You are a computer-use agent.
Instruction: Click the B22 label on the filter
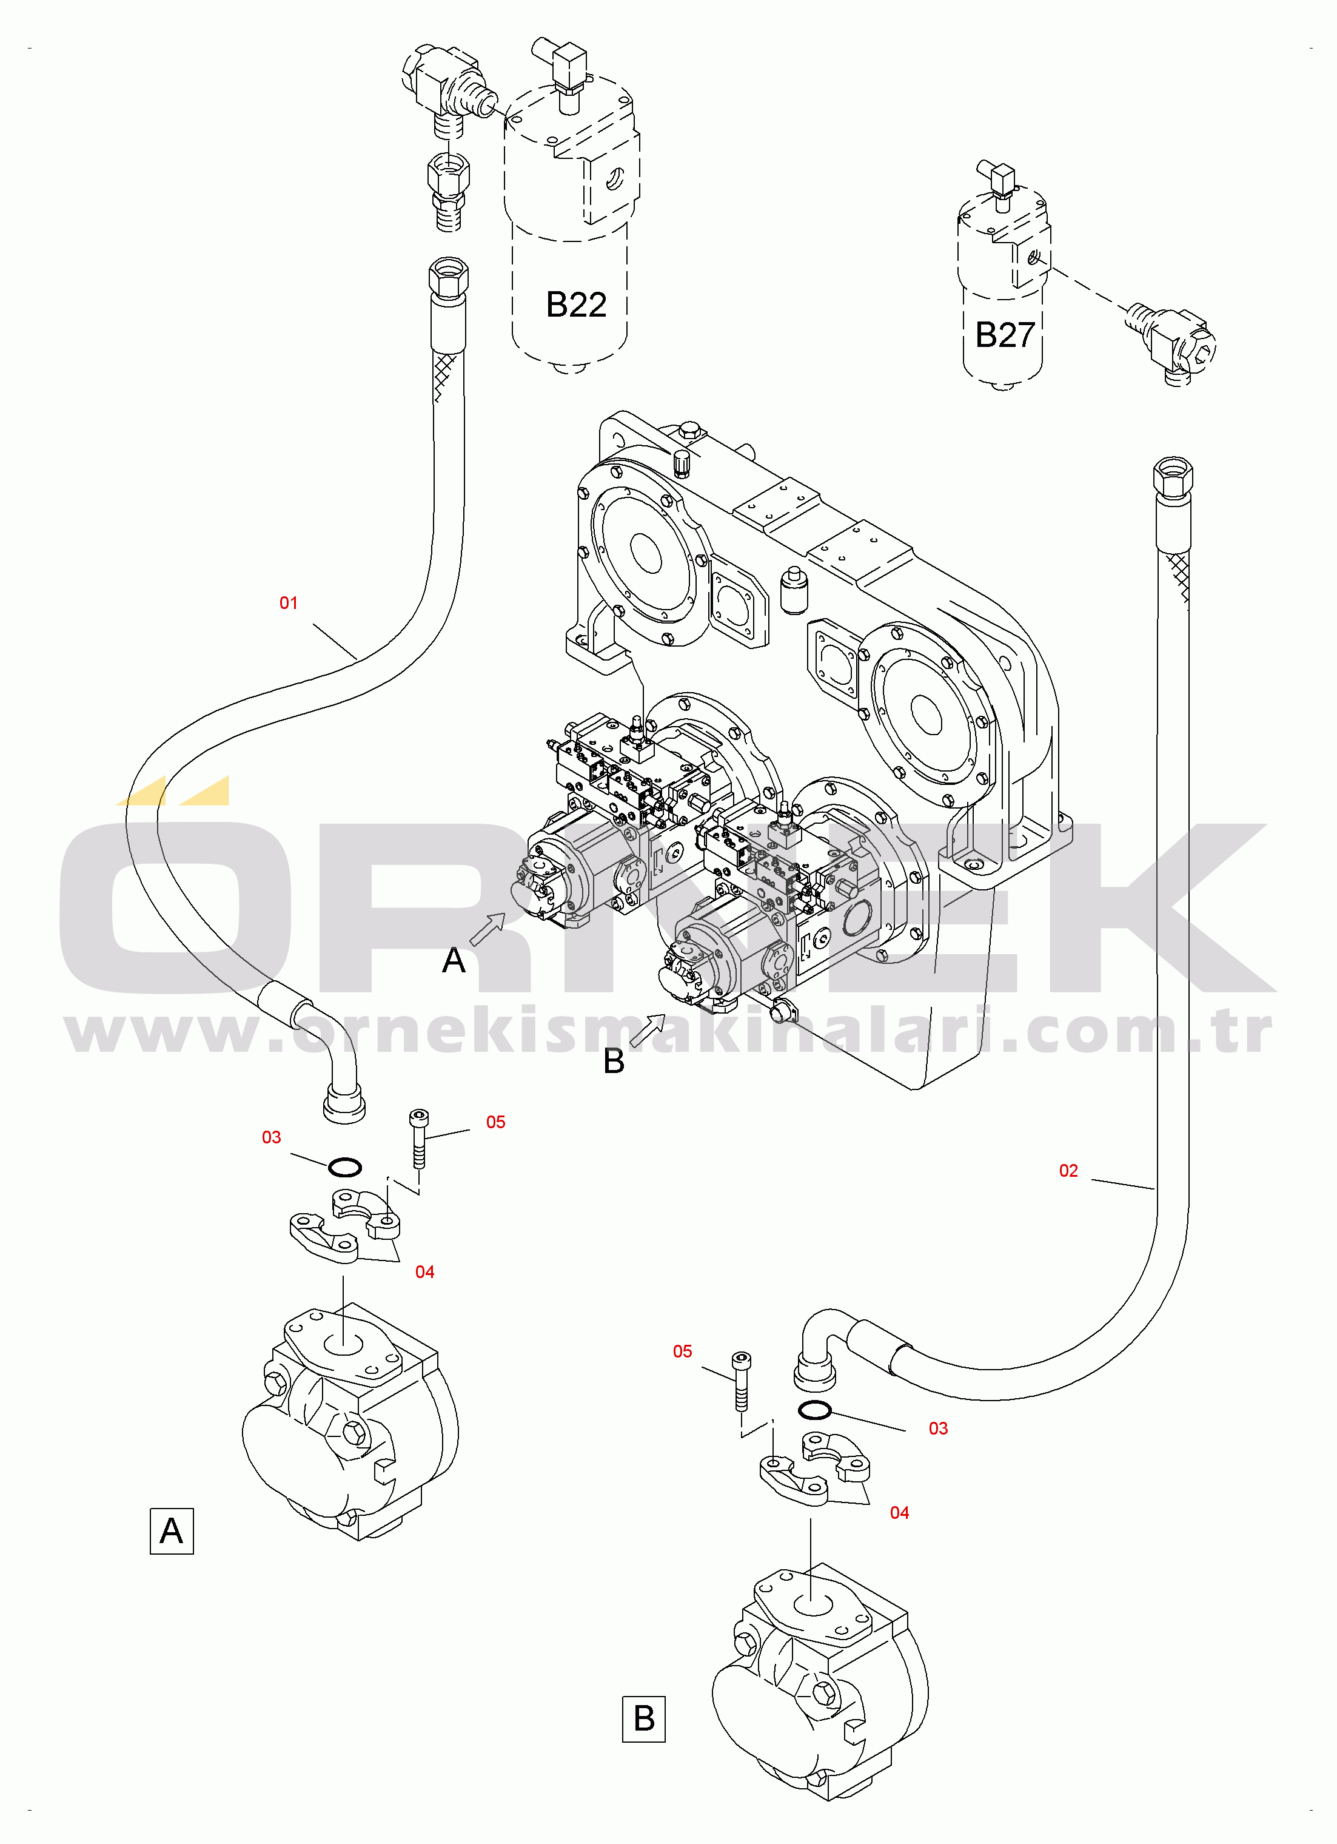coord(575,305)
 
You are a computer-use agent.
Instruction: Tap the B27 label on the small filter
coord(1005,335)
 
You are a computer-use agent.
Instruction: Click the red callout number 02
coord(1068,1170)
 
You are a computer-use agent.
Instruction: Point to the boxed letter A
coord(172,1531)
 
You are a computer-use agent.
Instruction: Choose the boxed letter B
coord(644,1719)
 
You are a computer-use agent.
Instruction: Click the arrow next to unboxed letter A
coord(488,929)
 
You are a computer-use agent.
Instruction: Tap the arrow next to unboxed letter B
coord(648,1029)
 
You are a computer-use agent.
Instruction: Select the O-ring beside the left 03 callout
coord(344,1168)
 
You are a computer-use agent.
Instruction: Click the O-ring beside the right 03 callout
coord(814,1409)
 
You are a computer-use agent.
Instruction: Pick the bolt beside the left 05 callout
coord(418,1139)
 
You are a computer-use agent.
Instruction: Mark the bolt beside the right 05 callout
coord(741,1381)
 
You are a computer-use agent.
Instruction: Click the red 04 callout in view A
coord(424,1271)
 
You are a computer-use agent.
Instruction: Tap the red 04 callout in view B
coord(899,1512)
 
